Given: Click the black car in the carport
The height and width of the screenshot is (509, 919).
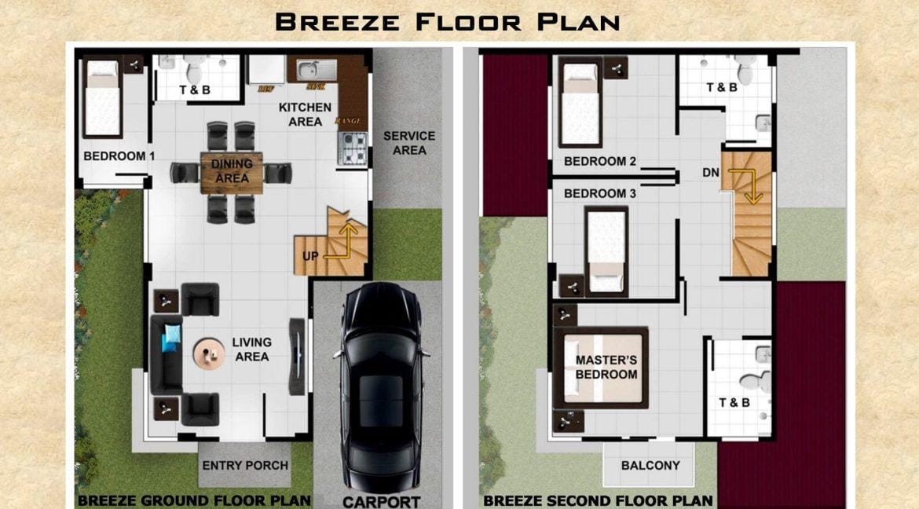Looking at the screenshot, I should tap(381, 377).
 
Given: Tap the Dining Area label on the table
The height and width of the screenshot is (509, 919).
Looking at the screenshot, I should tap(232, 171).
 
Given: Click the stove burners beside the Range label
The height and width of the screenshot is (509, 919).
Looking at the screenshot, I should tap(353, 148).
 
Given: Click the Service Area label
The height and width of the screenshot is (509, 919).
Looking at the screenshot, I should tap(408, 143).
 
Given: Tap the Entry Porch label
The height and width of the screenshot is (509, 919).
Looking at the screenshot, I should tap(245, 465).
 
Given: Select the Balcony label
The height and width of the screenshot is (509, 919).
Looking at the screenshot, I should tap(650, 465).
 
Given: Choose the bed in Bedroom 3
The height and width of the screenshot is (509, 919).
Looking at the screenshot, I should tap(606, 250).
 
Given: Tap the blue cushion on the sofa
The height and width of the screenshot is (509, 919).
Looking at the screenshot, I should tap(172, 338).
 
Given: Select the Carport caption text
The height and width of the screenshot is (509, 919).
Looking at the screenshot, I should tap(381, 501).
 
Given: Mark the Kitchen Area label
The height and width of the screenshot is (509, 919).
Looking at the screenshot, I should tap(306, 114).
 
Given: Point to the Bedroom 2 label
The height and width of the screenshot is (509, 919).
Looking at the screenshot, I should tap(600, 162).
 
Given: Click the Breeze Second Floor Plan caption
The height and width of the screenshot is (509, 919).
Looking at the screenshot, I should tap(598, 500).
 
